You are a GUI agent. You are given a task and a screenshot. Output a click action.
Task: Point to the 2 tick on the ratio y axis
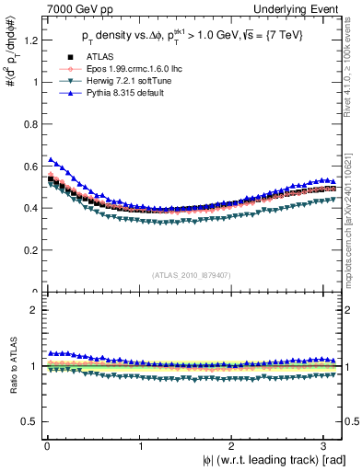coord(33,310)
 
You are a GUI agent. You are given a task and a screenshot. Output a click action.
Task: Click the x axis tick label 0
coord(46,446)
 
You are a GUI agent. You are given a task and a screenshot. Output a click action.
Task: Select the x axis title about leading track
coord(273,461)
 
